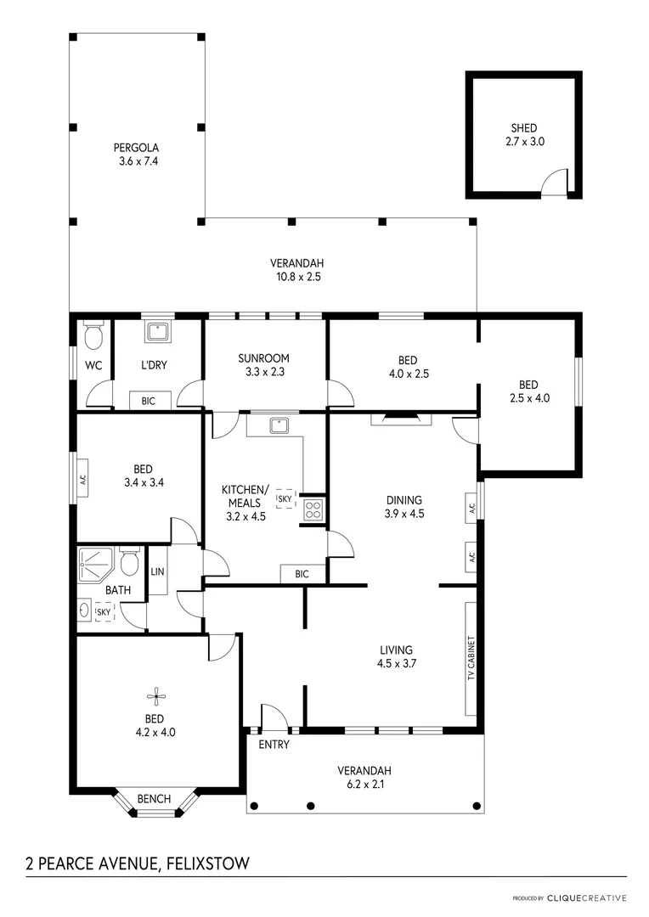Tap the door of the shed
555,182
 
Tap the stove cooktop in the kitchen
313,510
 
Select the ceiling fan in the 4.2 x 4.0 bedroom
155,697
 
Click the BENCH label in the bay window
154,799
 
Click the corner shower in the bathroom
90,562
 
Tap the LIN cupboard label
157,571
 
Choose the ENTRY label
274,745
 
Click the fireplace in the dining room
401,417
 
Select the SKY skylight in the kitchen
287,498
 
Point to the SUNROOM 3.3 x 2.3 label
263,364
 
